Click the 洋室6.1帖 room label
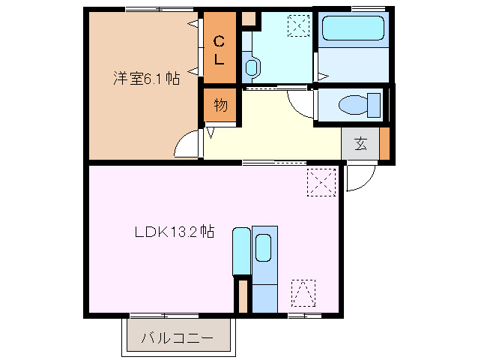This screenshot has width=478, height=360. [x=146, y=78]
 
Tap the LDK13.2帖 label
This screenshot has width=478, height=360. [x=175, y=231]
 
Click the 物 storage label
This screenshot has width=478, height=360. [x=220, y=105]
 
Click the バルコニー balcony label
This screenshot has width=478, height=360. [x=177, y=339]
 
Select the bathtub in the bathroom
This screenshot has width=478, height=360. [x=352, y=31]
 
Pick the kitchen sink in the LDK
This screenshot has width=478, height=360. [x=263, y=247]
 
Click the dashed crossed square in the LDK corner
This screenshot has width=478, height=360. [x=321, y=183]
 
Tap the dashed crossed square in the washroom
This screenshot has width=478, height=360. [x=298, y=26]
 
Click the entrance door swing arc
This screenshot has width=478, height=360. [x=356, y=180]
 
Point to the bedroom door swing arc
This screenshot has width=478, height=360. [x=187, y=145]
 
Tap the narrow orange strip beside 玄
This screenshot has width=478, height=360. [x=384, y=145]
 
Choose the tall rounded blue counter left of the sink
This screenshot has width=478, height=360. [x=241, y=252]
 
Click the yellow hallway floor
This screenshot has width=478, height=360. [x=285, y=135]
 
